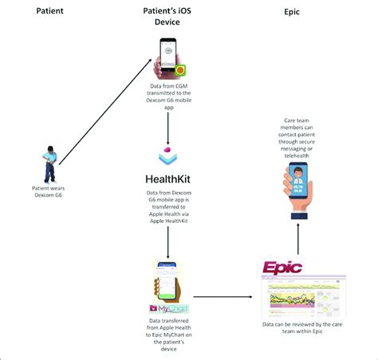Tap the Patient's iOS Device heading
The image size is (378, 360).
click(168, 18)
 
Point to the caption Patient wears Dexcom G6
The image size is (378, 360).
click(50, 191)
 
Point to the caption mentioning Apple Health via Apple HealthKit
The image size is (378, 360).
click(169, 210)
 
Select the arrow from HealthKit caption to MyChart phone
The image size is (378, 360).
click(168, 248)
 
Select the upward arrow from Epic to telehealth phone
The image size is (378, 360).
click(300, 237)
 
